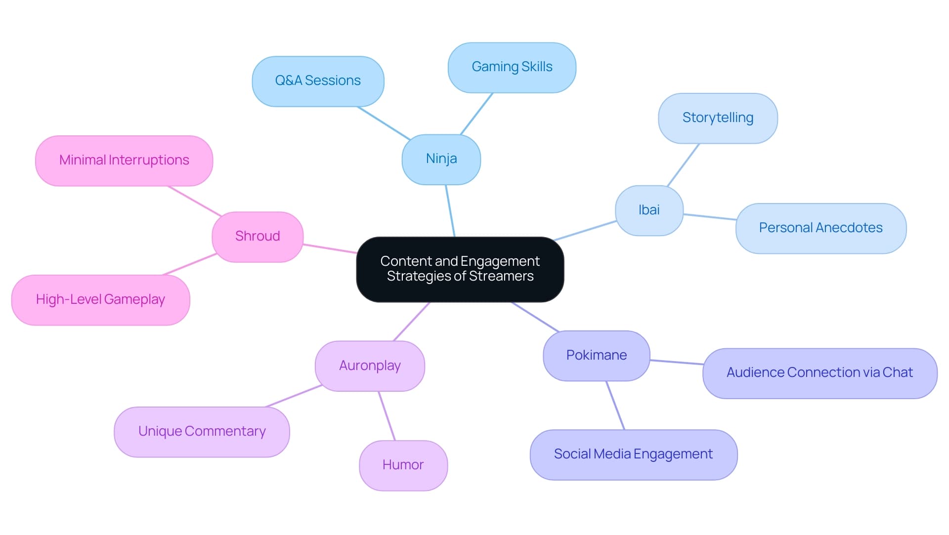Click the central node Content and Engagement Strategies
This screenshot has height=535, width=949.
click(x=460, y=269)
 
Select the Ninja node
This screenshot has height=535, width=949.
click(x=441, y=159)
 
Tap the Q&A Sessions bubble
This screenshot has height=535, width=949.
click(x=318, y=81)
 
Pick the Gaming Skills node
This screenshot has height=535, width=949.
click(x=512, y=67)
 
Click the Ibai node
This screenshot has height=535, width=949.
click(x=648, y=210)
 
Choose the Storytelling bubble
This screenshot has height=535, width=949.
click(x=718, y=118)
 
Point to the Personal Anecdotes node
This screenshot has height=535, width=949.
click(x=820, y=228)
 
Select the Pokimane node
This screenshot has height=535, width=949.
click(x=596, y=356)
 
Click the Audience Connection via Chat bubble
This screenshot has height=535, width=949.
click(x=820, y=373)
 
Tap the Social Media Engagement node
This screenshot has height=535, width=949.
click(x=633, y=454)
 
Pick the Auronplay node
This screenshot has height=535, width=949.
click(x=370, y=366)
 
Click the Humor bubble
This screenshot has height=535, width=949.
click(x=403, y=465)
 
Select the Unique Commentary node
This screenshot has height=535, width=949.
click(x=202, y=432)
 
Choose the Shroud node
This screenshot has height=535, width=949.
click(x=257, y=237)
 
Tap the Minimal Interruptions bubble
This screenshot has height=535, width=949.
click(x=124, y=161)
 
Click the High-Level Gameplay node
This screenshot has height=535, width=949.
click(x=100, y=300)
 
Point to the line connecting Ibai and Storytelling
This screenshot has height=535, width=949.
click(x=683, y=165)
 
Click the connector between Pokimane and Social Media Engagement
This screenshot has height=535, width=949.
click(x=615, y=405)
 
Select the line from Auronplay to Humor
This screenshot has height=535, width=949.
click(x=387, y=415)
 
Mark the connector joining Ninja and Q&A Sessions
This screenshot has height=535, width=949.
click(x=384, y=123)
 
